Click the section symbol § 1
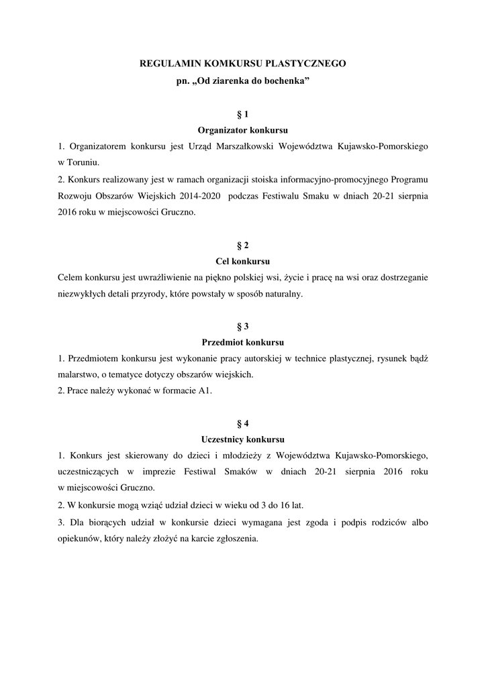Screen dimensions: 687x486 click(x=243, y=113)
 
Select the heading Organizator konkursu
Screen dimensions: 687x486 click(x=243, y=129)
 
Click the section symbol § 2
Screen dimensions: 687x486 click(x=243, y=245)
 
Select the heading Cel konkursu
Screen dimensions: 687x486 click(x=243, y=261)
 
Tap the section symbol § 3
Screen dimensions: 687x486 click(x=243, y=326)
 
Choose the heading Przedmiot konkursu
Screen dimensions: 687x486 click(x=243, y=342)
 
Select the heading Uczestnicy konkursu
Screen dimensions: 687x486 click(x=243, y=439)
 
